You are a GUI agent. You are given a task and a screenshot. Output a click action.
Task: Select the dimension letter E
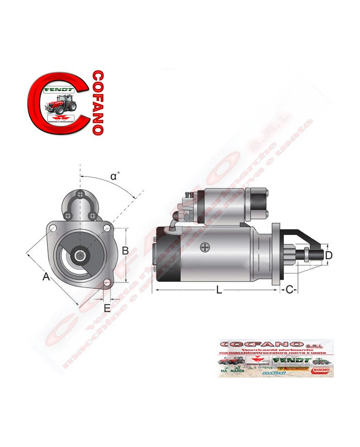pyautogui.click(x=107, y=308)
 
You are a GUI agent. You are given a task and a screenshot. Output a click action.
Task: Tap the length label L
pyautogui.click(x=219, y=291)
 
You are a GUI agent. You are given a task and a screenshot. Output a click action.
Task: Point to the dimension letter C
pyautogui.click(x=289, y=290)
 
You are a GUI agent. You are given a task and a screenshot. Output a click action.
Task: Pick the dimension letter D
pyautogui.click(x=329, y=255)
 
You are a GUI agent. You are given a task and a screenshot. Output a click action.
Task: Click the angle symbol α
pyautogui.click(x=115, y=176)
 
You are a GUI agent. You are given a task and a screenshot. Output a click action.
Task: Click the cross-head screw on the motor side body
pyautogui.click(x=206, y=247)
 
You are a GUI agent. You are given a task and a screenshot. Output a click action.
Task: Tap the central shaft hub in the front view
pyautogui.click(x=80, y=255)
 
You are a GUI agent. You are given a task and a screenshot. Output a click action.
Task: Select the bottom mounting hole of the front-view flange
pyautogui.click(x=107, y=283)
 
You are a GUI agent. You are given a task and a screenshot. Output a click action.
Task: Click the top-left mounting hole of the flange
pyautogui.click(x=53, y=226)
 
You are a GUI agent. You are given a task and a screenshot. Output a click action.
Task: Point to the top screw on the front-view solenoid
pyautogui.click(x=80, y=194)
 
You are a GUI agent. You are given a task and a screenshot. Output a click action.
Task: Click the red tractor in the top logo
pyautogui.click(x=61, y=102)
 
